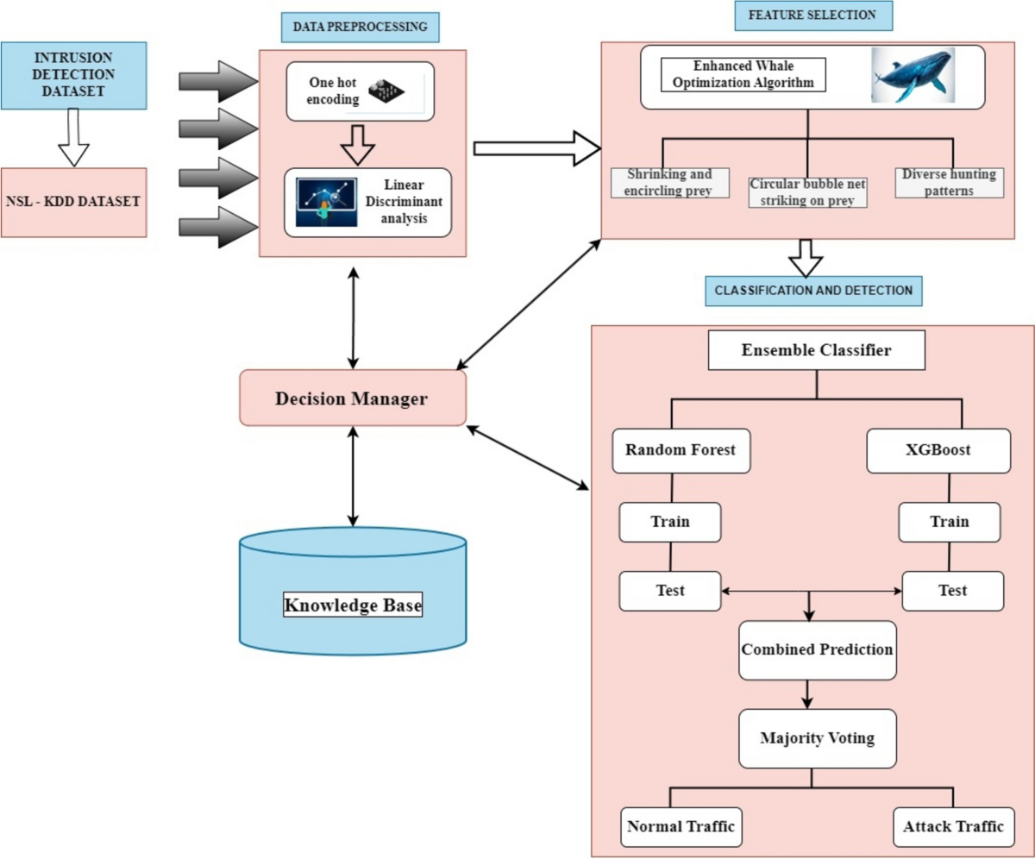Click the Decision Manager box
point(352,398)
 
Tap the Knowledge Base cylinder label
point(354,605)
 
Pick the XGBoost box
point(938,449)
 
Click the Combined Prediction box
point(816,649)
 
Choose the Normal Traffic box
point(681,827)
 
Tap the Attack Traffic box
point(953,827)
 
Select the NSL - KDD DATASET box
point(74,203)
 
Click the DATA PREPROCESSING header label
point(361,27)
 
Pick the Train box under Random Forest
point(670,522)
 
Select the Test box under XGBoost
point(951,591)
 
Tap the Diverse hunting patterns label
point(950,182)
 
